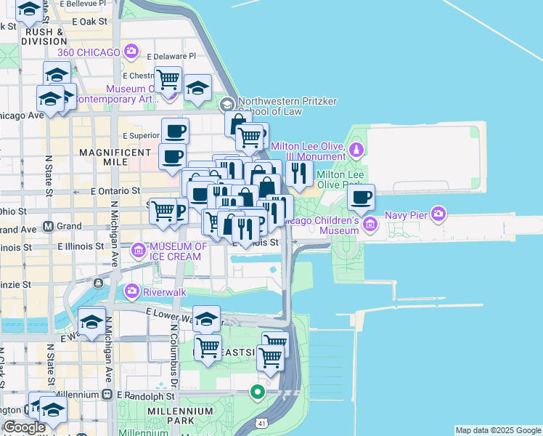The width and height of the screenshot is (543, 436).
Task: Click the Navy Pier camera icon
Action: click(438, 214)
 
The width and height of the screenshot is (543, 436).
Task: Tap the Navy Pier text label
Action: click(404, 214)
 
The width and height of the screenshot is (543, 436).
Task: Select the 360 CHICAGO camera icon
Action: click(131, 51)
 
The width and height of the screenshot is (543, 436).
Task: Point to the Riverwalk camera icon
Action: click(131, 291)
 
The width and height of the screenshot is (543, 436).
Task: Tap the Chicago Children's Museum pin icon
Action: click(370, 224)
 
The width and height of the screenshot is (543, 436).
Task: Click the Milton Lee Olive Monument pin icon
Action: click(356, 150)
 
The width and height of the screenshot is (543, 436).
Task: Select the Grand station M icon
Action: click(49, 226)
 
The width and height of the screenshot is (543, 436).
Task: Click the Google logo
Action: click(24, 427)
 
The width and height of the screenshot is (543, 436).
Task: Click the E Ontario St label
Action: click(115, 190)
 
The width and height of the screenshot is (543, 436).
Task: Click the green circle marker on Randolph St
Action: click(257, 393)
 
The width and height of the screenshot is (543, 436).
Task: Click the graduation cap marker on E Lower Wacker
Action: click(206, 319)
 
